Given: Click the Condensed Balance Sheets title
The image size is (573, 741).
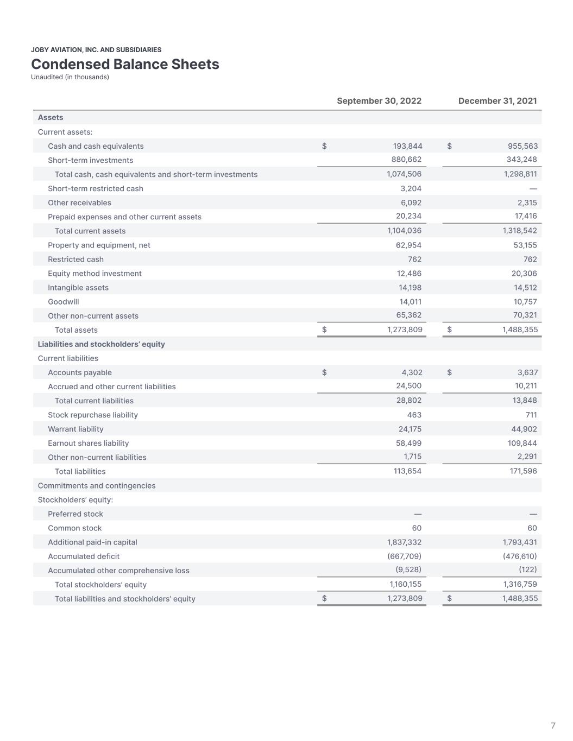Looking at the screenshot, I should [125, 64].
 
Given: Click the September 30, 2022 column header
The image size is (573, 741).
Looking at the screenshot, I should [379, 101].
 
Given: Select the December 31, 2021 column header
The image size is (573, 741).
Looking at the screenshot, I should [498, 101].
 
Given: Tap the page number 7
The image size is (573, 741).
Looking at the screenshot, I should [553, 726].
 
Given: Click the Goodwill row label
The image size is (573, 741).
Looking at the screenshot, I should [64, 302].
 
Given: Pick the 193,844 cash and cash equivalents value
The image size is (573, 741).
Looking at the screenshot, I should [407, 146].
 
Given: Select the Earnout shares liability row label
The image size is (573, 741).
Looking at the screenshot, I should [88, 444].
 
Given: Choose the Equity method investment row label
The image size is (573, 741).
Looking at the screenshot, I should [95, 274].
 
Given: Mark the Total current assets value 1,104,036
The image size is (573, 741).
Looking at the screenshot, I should [404, 231].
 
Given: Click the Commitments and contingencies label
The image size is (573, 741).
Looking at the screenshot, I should [97, 486].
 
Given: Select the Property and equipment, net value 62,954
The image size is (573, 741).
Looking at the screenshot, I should [408, 245].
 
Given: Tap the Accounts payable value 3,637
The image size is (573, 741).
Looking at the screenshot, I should [527, 372].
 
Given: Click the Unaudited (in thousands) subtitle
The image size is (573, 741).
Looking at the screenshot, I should [70, 77].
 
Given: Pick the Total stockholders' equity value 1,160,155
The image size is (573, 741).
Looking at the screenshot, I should [405, 585].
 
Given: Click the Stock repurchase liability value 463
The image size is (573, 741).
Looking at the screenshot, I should [414, 415].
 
